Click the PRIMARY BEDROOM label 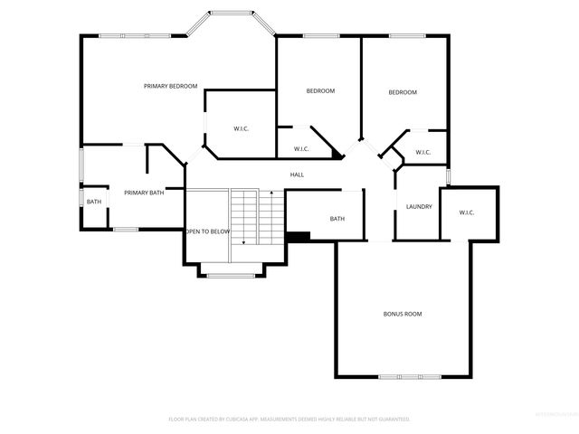point(170,86)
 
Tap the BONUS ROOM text point(403,314)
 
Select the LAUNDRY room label point(419,207)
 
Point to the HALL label point(297,175)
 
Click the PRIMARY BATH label point(144,193)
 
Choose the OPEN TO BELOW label point(208,231)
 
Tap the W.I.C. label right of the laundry point(467,213)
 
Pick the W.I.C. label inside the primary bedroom point(241,128)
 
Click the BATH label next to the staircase point(337,219)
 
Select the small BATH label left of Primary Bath point(94,201)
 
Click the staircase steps point(244,217)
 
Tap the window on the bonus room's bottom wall point(403,376)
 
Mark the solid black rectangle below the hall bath point(298,237)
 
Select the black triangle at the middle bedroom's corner point(337,155)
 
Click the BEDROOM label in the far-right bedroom point(403,92)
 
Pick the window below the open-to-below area point(231,275)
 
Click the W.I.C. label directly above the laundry point(422,152)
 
